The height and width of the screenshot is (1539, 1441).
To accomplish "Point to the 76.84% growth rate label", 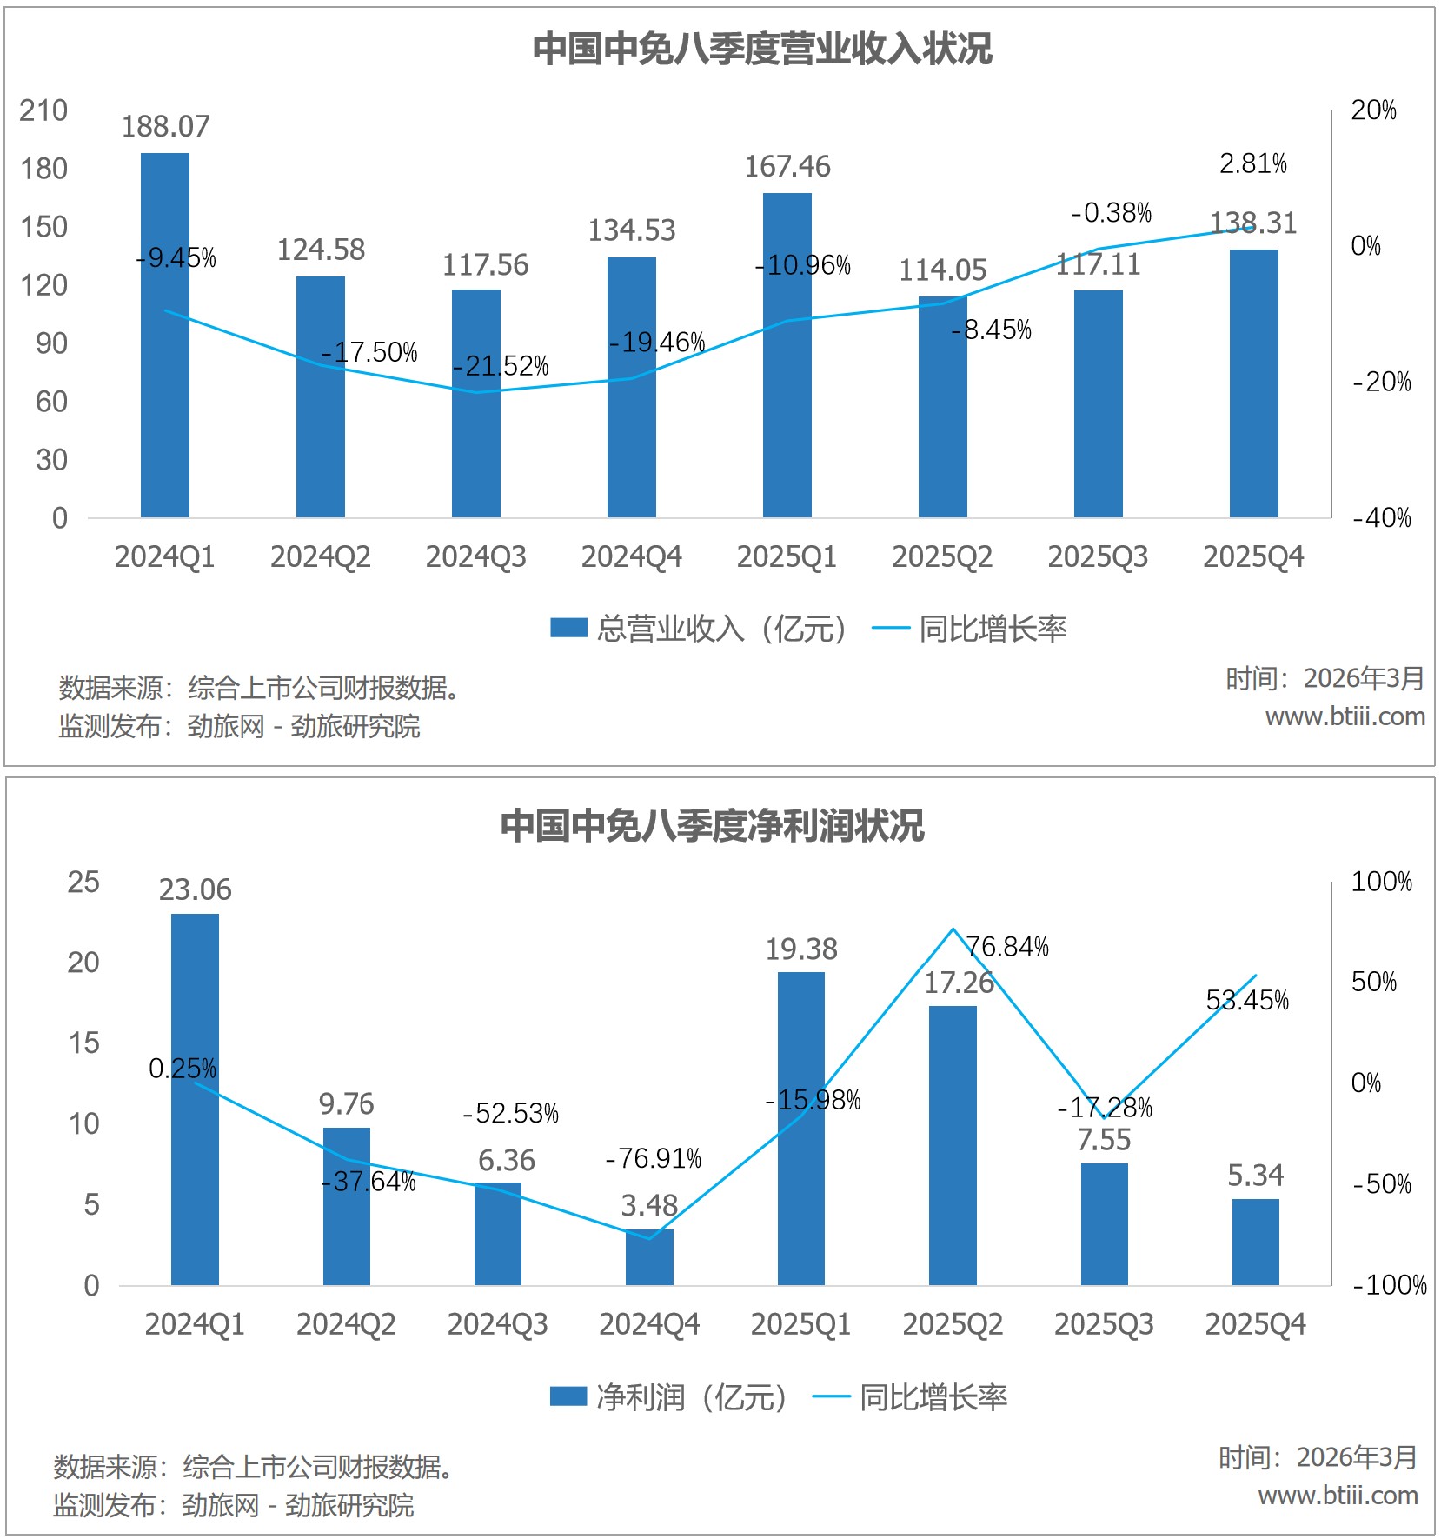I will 1007,946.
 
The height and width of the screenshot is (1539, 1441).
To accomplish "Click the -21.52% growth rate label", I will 501,366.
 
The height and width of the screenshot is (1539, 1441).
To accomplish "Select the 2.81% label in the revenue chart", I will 1252,163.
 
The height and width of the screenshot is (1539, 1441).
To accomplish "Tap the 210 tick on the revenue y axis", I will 43,110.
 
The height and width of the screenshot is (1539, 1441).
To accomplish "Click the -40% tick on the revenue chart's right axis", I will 1382,518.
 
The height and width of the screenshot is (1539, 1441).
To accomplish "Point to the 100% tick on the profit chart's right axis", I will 1381,882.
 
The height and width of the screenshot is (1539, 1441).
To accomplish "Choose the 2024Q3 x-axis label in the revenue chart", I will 475,556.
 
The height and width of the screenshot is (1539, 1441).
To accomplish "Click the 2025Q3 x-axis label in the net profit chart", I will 1103,1324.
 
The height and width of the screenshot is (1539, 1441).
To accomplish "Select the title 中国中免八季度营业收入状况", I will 761,49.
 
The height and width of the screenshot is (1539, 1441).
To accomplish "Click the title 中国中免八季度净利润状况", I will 712,825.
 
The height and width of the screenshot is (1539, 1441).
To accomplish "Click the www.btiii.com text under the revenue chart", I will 1345,716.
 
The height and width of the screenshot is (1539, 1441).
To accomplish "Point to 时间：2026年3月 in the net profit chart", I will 1318,1457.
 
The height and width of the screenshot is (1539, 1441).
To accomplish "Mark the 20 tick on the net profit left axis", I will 83,963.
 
